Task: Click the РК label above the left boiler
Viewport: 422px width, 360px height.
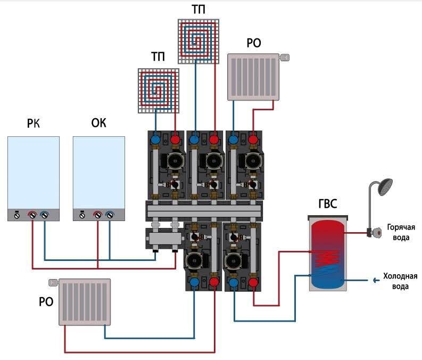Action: click(x=34, y=124)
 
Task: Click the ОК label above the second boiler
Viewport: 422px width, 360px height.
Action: click(x=99, y=124)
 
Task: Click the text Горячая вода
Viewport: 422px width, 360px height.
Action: click(x=398, y=232)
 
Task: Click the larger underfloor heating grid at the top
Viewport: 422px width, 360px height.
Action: click(x=199, y=40)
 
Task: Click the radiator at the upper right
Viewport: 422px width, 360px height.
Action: click(x=254, y=76)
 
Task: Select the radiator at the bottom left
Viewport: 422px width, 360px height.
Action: click(x=85, y=302)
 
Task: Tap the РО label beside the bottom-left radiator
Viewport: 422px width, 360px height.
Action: click(x=46, y=302)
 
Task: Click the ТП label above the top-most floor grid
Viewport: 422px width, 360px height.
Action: click(x=199, y=9)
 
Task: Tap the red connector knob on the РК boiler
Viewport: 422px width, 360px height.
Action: click(x=32, y=216)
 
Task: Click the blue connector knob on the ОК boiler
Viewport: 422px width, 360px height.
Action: click(x=110, y=216)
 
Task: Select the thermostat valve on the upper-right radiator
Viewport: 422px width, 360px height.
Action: click(x=285, y=56)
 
